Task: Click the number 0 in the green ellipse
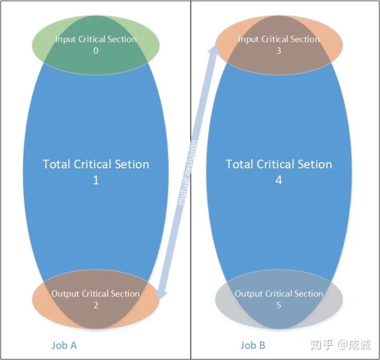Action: tap(96, 51)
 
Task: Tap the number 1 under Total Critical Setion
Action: tap(96, 180)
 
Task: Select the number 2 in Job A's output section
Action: tap(96, 305)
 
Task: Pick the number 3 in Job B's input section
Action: tap(279, 51)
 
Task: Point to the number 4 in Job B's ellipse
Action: tap(279, 180)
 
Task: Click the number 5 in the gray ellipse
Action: tap(279, 305)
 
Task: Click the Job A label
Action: tap(64, 345)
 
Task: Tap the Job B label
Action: tap(253, 345)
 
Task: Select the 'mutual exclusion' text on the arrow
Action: tap(188, 172)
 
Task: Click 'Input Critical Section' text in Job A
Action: tap(96, 39)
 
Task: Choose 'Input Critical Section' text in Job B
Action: tap(279, 39)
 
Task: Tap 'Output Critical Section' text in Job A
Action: tap(96, 293)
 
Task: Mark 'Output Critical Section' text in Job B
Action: tap(279, 293)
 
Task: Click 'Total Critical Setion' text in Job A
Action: tap(96, 164)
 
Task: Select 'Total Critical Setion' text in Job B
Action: tap(279, 164)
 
